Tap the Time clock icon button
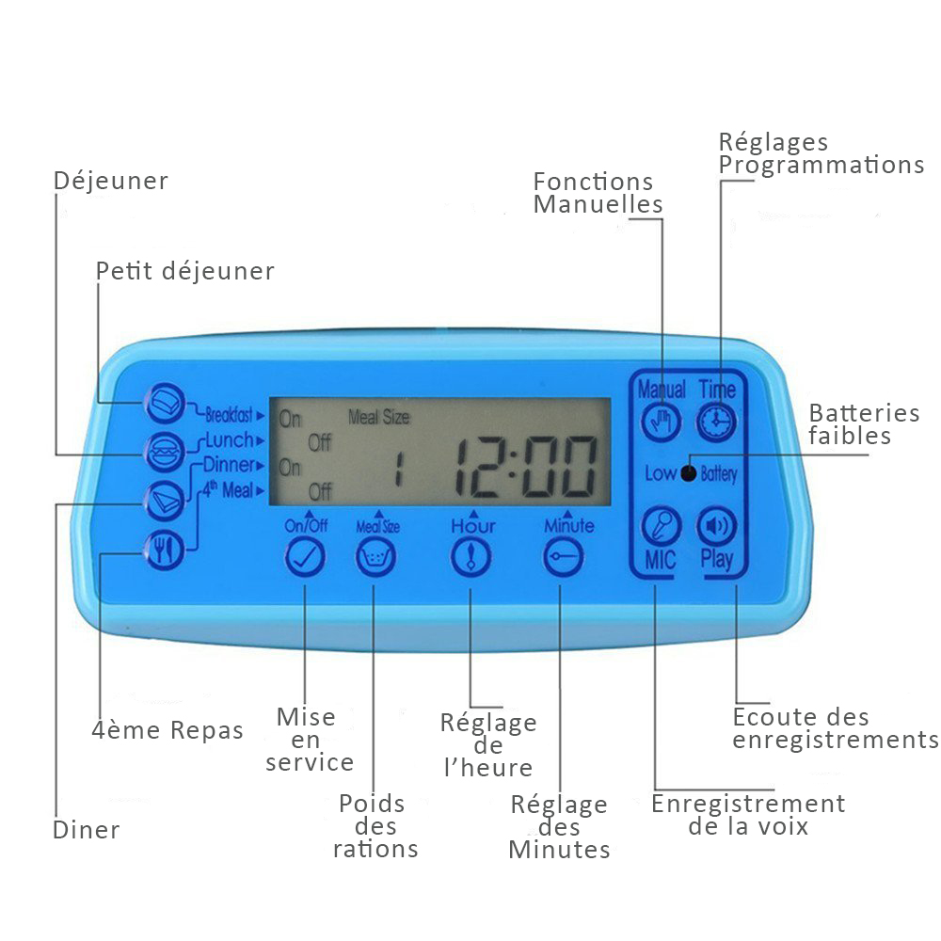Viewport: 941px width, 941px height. coord(716,422)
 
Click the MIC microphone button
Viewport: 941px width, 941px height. coord(661,526)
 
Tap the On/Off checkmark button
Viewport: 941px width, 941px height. coord(305,557)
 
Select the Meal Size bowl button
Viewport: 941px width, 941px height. coord(375,557)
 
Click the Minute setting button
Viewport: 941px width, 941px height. coord(563,557)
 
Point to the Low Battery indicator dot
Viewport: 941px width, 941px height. coord(689,473)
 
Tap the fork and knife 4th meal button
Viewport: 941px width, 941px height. coord(164,550)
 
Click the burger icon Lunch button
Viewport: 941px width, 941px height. coord(164,452)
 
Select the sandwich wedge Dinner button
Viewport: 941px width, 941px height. coord(164,501)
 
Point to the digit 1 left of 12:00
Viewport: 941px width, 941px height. coord(398,469)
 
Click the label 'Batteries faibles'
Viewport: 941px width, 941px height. coord(864,424)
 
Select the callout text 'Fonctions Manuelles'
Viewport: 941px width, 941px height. coord(598,193)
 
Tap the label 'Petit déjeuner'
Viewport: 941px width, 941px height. coord(184,271)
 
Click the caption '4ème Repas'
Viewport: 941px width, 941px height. coord(167,730)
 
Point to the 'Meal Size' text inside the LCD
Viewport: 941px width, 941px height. coord(379,417)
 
